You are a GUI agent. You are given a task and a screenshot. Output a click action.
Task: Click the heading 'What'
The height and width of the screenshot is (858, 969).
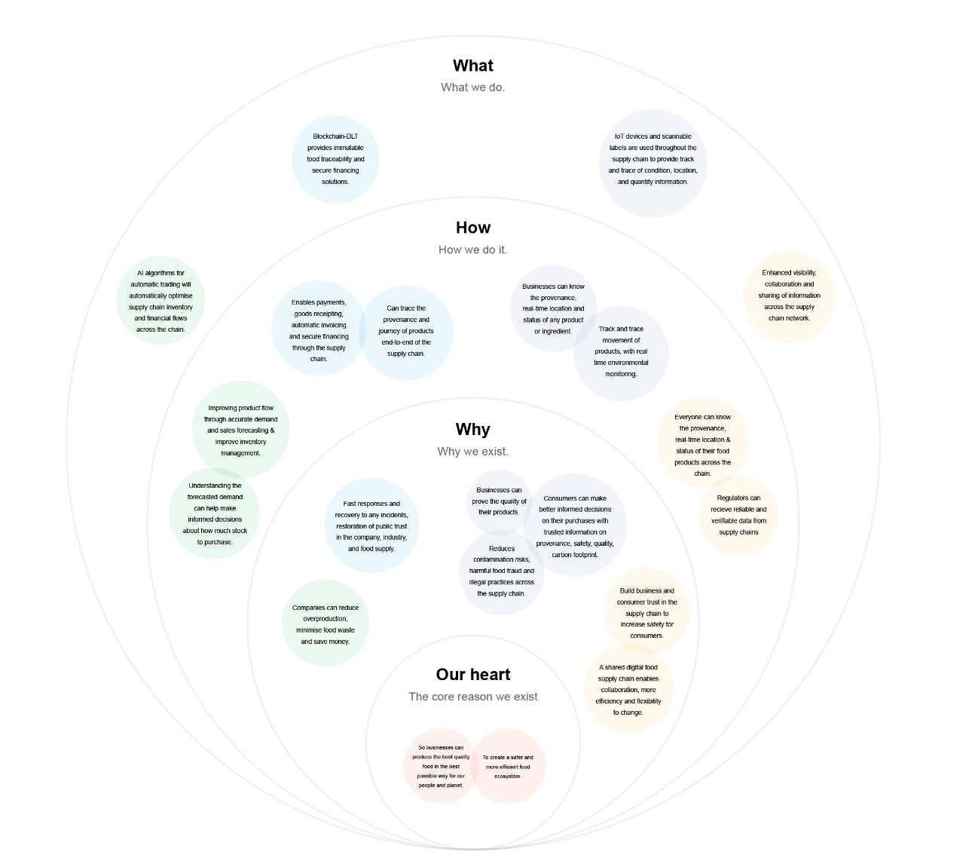472,66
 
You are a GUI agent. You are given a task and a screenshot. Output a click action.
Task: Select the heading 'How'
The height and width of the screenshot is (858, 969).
472,228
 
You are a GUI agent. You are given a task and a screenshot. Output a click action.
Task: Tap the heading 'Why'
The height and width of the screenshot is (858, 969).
472,429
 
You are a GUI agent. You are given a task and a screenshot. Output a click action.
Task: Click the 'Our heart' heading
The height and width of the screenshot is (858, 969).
472,674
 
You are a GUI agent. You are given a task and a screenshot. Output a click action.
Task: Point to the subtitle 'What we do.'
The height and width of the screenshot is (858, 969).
472,87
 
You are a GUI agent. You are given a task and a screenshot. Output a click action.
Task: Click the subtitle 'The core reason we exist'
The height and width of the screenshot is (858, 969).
472,697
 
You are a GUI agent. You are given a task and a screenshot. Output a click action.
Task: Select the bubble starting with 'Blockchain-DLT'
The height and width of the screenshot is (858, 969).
335,159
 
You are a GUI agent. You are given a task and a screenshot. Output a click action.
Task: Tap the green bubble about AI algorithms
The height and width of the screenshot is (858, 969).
160,301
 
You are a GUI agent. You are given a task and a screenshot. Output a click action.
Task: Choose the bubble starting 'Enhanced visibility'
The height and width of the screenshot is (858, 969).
789,296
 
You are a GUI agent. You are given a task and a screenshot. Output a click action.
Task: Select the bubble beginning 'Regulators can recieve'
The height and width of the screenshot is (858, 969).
739,515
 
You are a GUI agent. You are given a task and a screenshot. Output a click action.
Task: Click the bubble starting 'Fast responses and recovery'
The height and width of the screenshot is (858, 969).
371,526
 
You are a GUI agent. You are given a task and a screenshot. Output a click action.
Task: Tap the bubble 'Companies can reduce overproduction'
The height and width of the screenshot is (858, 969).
326,624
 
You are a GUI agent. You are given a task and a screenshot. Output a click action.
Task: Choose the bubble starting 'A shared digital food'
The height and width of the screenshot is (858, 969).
628,689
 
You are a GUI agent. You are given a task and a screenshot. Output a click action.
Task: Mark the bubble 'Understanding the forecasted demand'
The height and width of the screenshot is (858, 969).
215,514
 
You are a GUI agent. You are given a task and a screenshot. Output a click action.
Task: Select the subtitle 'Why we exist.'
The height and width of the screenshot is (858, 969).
472,452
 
